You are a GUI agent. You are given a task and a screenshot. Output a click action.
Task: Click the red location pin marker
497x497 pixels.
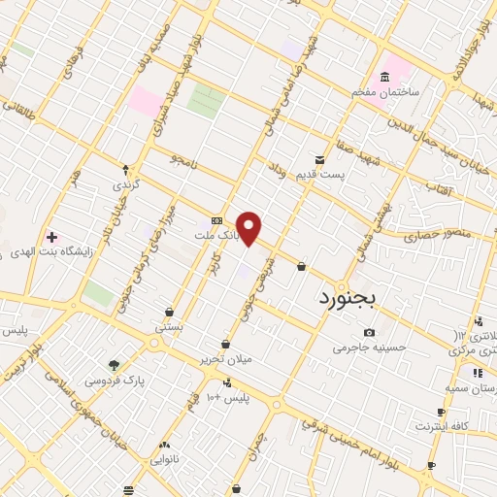click(249, 229)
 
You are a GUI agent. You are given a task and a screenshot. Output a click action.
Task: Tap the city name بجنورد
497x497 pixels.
click(351, 300)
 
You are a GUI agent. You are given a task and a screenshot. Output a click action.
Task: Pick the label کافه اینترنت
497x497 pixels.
click(442, 426)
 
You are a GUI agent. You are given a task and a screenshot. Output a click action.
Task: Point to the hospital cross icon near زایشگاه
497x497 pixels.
click(51, 237)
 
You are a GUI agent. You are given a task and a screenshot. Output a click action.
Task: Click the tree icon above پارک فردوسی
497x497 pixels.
click(116, 366)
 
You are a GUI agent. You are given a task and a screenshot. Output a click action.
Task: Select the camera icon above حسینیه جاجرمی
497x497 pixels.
click(369, 332)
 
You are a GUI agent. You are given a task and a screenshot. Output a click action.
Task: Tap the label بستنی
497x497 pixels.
click(169, 327)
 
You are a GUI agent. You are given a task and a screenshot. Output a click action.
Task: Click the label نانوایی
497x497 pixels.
click(165, 458)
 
